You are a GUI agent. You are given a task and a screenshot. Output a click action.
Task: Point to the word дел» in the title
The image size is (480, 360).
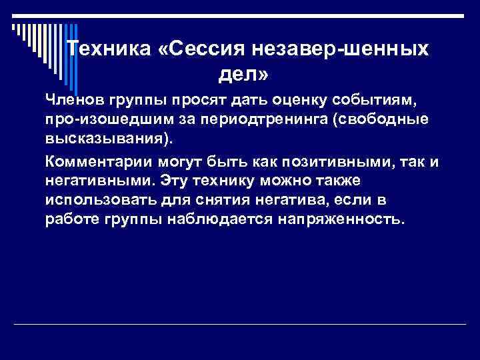click(x=243, y=75)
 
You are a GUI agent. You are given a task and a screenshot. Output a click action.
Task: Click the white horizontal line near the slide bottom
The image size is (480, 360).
click(x=240, y=325)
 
